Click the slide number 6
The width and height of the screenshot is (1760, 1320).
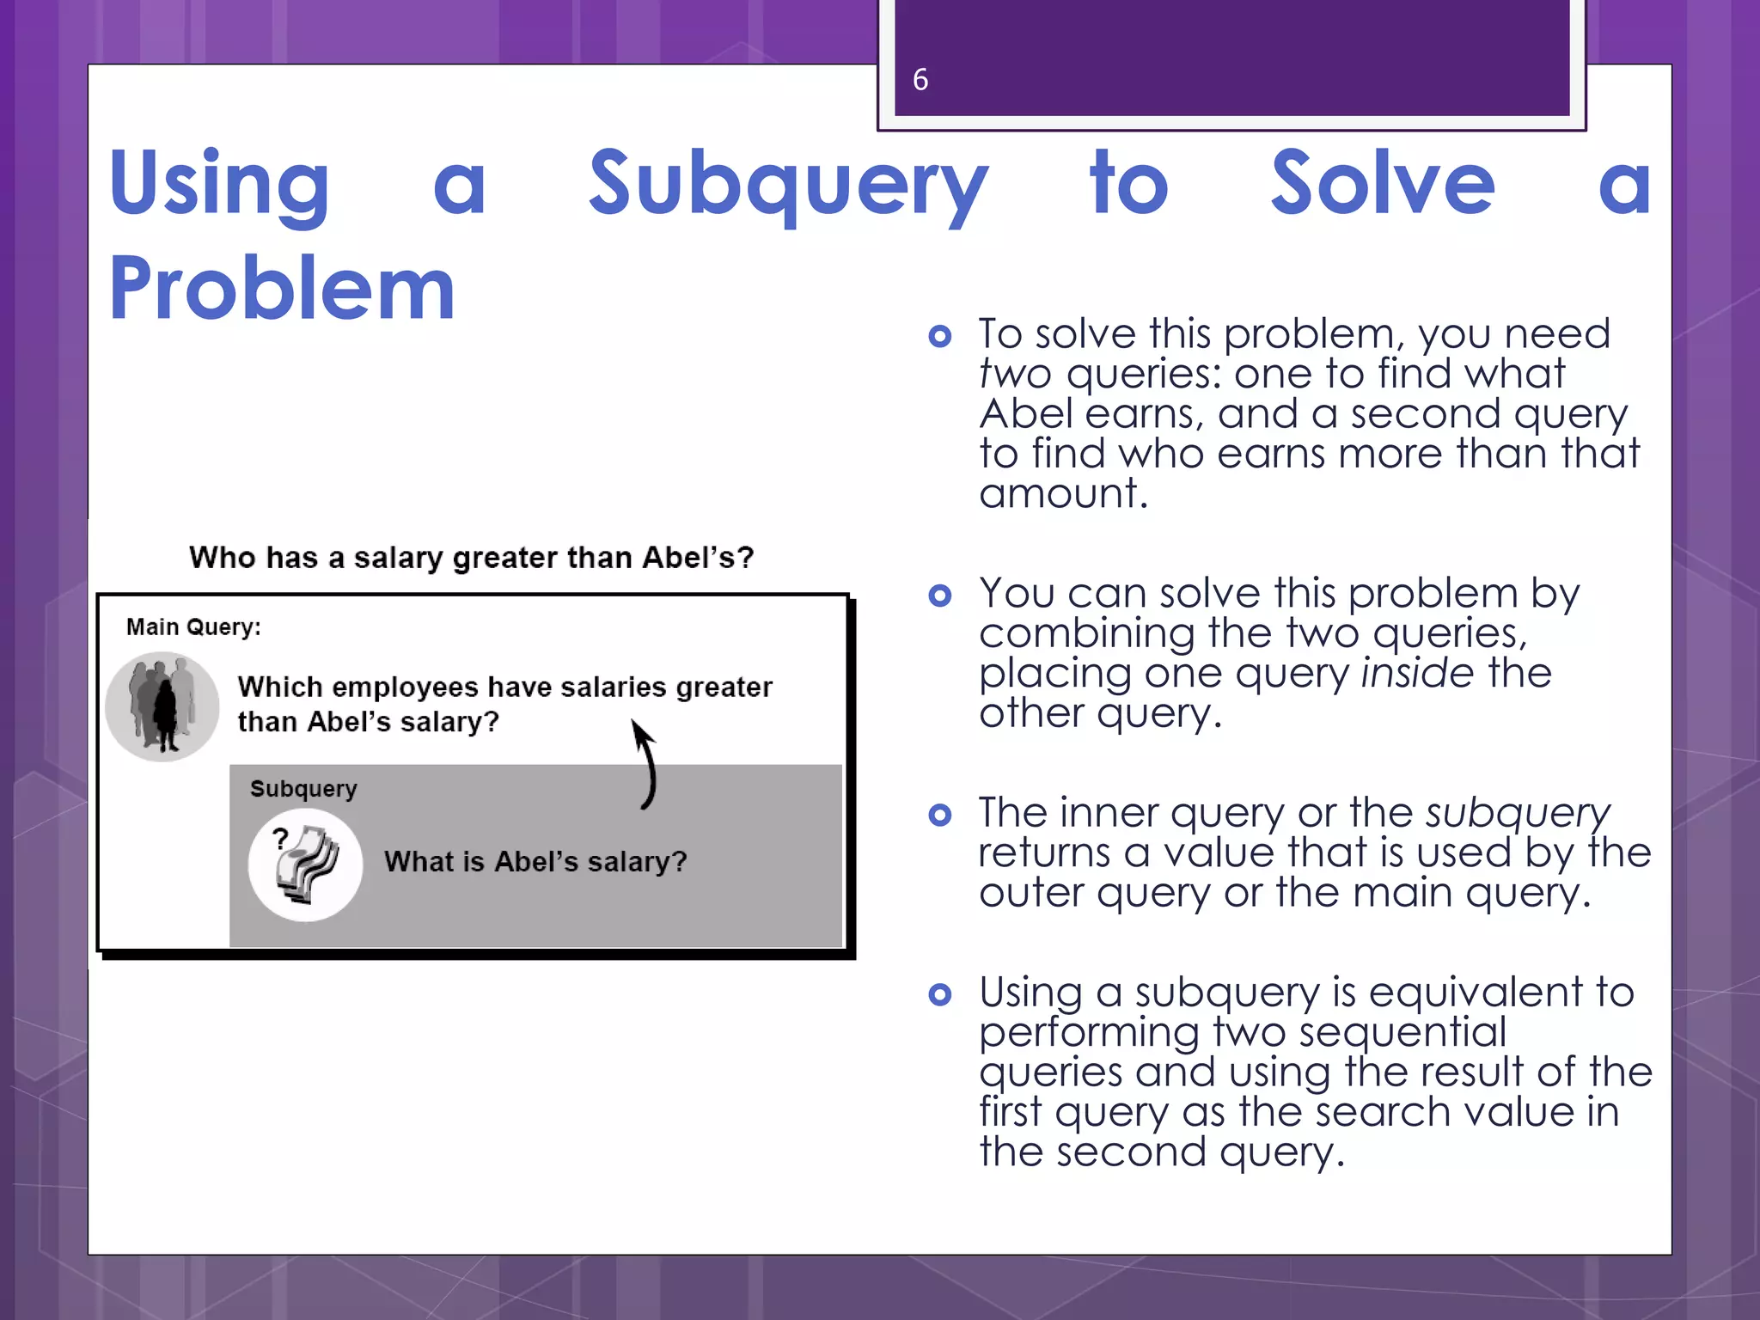pyautogui.click(x=920, y=80)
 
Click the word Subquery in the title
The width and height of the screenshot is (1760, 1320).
pyautogui.click(x=788, y=185)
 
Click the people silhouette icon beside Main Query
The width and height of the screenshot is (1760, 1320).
pyautogui.click(x=162, y=706)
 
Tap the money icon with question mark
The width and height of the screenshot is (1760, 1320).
pyautogui.click(x=305, y=865)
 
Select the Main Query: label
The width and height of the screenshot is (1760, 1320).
pyautogui.click(x=193, y=626)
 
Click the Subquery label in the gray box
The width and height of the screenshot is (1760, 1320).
pyautogui.click(x=303, y=788)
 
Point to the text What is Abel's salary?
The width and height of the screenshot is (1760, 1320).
pyautogui.click(x=535, y=861)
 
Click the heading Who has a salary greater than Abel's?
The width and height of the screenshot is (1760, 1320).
pyautogui.click(x=471, y=558)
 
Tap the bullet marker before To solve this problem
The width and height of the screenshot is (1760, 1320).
pyautogui.click(x=940, y=336)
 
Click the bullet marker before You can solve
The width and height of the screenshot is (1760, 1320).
pyautogui.click(x=940, y=596)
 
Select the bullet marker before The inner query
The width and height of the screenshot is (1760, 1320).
pyautogui.click(x=940, y=815)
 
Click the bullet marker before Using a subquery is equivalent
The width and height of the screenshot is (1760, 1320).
pyautogui.click(x=940, y=995)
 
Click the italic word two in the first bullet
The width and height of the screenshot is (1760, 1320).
pyautogui.click(x=1015, y=374)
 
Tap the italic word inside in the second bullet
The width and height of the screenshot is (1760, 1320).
pyautogui.click(x=1417, y=673)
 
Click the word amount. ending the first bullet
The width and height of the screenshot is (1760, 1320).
pyautogui.click(x=1063, y=494)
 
